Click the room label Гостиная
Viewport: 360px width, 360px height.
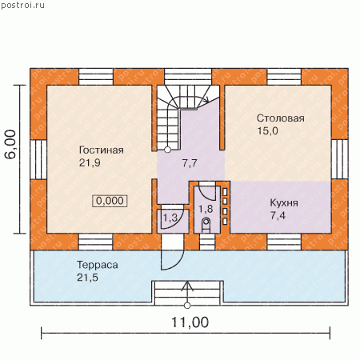click(x=102, y=150)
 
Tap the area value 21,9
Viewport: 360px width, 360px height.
click(x=90, y=162)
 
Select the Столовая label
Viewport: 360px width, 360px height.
click(x=281, y=118)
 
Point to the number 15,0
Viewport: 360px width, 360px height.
click(x=267, y=130)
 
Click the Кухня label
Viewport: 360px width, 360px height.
click(x=284, y=202)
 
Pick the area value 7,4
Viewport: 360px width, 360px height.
click(x=278, y=215)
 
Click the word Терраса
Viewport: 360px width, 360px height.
click(x=98, y=265)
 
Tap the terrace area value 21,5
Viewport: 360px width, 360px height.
click(x=87, y=278)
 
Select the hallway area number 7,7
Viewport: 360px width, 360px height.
click(x=190, y=162)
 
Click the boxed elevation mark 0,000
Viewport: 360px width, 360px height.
click(x=110, y=201)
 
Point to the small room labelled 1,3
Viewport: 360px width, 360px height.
click(x=170, y=218)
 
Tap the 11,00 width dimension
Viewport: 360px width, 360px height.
click(x=190, y=322)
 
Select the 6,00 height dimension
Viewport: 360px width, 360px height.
click(x=10, y=144)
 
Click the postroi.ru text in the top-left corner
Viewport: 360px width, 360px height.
click(x=23, y=5)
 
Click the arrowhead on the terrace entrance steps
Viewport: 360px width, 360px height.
click(x=187, y=285)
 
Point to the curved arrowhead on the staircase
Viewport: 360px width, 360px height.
click(x=206, y=100)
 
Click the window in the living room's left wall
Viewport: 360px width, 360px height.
click(x=38, y=159)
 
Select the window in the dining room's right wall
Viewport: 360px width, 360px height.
click(x=340, y=159)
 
